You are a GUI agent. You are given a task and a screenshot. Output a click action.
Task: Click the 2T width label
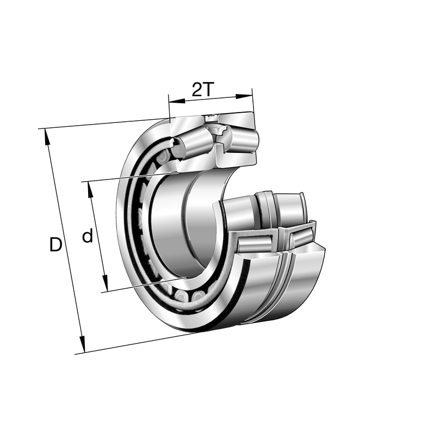(203, 89)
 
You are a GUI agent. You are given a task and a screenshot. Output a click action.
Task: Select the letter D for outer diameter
(55, 245)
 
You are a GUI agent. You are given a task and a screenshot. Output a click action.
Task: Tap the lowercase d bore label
(87, 237)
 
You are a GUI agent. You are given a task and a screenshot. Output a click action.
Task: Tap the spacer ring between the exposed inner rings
(265, 209)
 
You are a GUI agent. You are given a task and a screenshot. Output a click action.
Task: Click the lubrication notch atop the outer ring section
(211, 118)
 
